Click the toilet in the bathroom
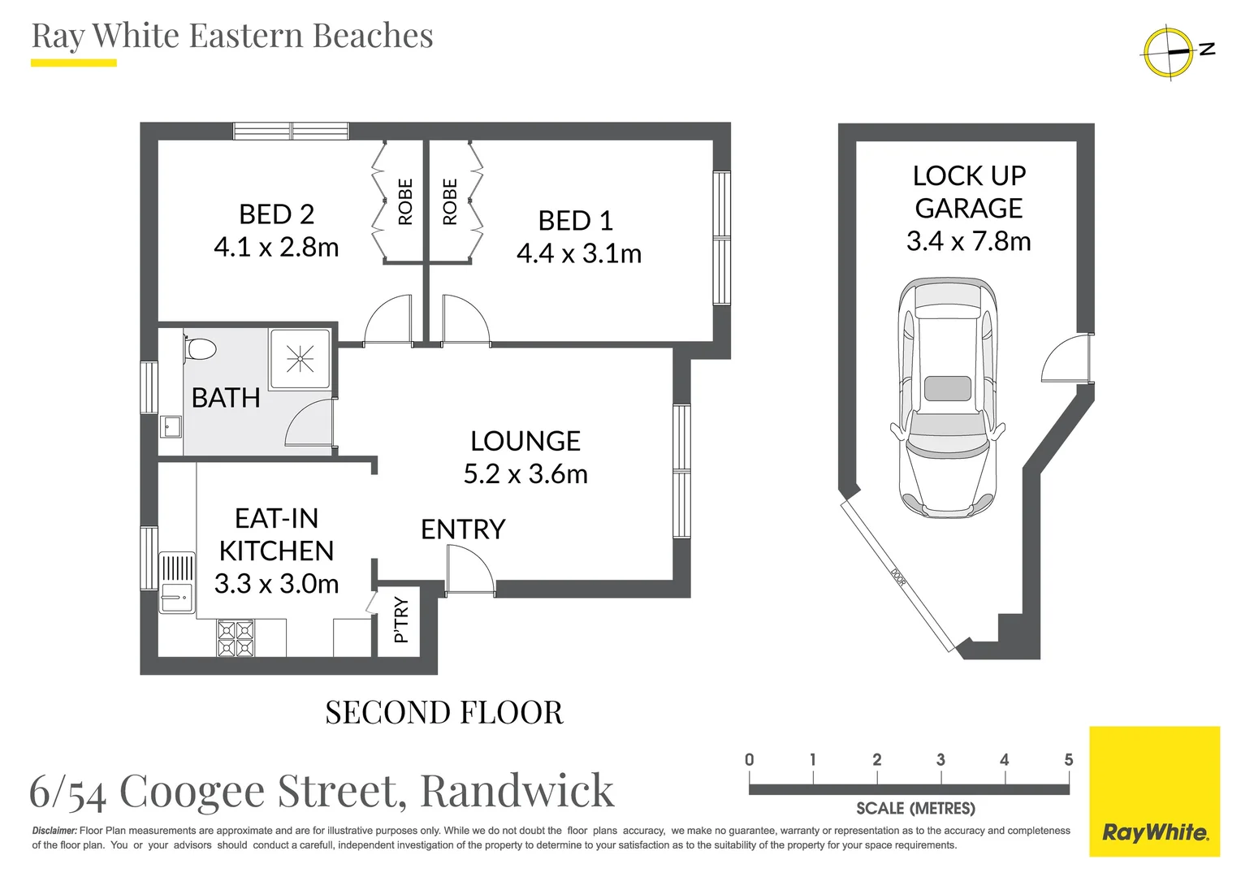(199, 349)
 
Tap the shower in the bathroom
(300, 358)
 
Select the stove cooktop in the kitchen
(236, 638)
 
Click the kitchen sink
(176, 597)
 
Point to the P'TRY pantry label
(401, 620)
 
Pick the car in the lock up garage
(947, 398)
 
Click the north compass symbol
(1170, 52)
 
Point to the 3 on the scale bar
(940, 760)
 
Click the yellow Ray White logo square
(1154, 792)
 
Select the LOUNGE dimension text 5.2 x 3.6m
(525, 474)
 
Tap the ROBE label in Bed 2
(405, 201)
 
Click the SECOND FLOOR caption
(443, 713)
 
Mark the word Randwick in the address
(517, 791)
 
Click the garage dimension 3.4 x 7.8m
(968, 241)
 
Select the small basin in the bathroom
(171, 426)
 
